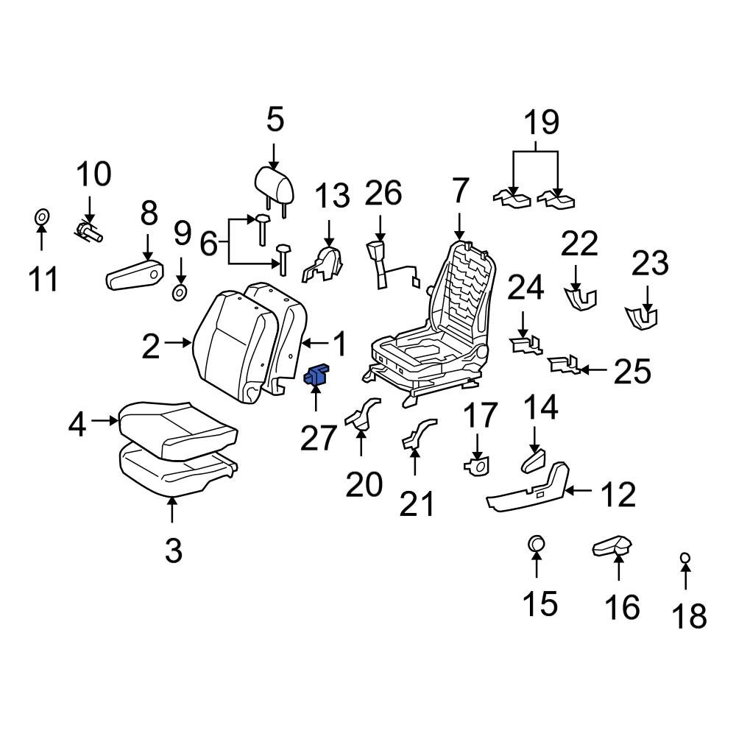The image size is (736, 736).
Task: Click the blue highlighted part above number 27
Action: (317, 375)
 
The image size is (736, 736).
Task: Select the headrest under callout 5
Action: (275, 184)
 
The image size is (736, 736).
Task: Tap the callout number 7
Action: (459, 192)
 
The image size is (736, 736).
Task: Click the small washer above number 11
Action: (42, 217)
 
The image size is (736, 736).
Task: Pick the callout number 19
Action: (542, 122)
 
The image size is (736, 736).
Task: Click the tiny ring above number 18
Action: (684, 558)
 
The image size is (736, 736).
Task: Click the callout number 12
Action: (617, 495)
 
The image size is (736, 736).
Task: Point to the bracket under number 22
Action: (580, 298)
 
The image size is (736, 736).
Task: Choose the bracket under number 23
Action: (641, 316)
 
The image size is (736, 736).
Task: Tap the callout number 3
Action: (173, 549)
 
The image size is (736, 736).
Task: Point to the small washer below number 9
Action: (179, 292)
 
